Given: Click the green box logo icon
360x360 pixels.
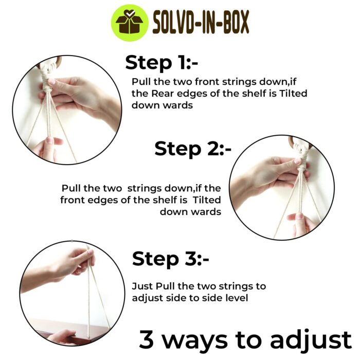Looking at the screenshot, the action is point(130,23).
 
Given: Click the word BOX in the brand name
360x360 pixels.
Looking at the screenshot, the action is point(236,23).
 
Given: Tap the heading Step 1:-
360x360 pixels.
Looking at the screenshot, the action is point(161,63).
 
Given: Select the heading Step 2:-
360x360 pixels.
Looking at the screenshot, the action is point(193,149).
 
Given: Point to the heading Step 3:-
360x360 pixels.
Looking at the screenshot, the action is point(171,259).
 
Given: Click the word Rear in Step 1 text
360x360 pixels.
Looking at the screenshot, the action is point(161,94).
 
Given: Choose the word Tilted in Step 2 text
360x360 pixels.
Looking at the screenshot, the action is point(207,200).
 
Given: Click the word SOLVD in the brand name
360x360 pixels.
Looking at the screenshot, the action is point(174,23).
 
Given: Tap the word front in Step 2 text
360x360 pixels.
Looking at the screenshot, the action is point(71,200).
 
